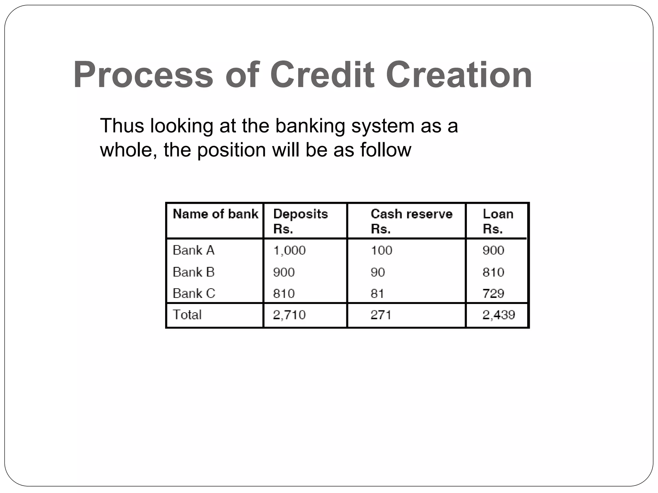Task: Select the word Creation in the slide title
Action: click(458, 75)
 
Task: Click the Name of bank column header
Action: click(215, 214)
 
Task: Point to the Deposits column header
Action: click(300, 221)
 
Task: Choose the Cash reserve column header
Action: click(411, 221)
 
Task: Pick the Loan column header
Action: click(498, 221)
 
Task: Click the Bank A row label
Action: click(193, 250)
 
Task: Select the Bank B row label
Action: click(193, 272)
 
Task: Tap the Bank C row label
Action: click(194, 293)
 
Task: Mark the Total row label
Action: click(187, 315)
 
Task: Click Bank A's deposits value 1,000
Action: click(289, 250)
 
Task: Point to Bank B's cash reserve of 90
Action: click(378, 272)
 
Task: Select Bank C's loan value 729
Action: click(493, 293)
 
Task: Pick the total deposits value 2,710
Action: click(289, 315)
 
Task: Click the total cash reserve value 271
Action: click(381, 315)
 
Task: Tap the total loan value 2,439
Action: click(498, 315)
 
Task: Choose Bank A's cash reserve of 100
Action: click(381, 250)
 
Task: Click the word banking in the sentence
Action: click(310, 126)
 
